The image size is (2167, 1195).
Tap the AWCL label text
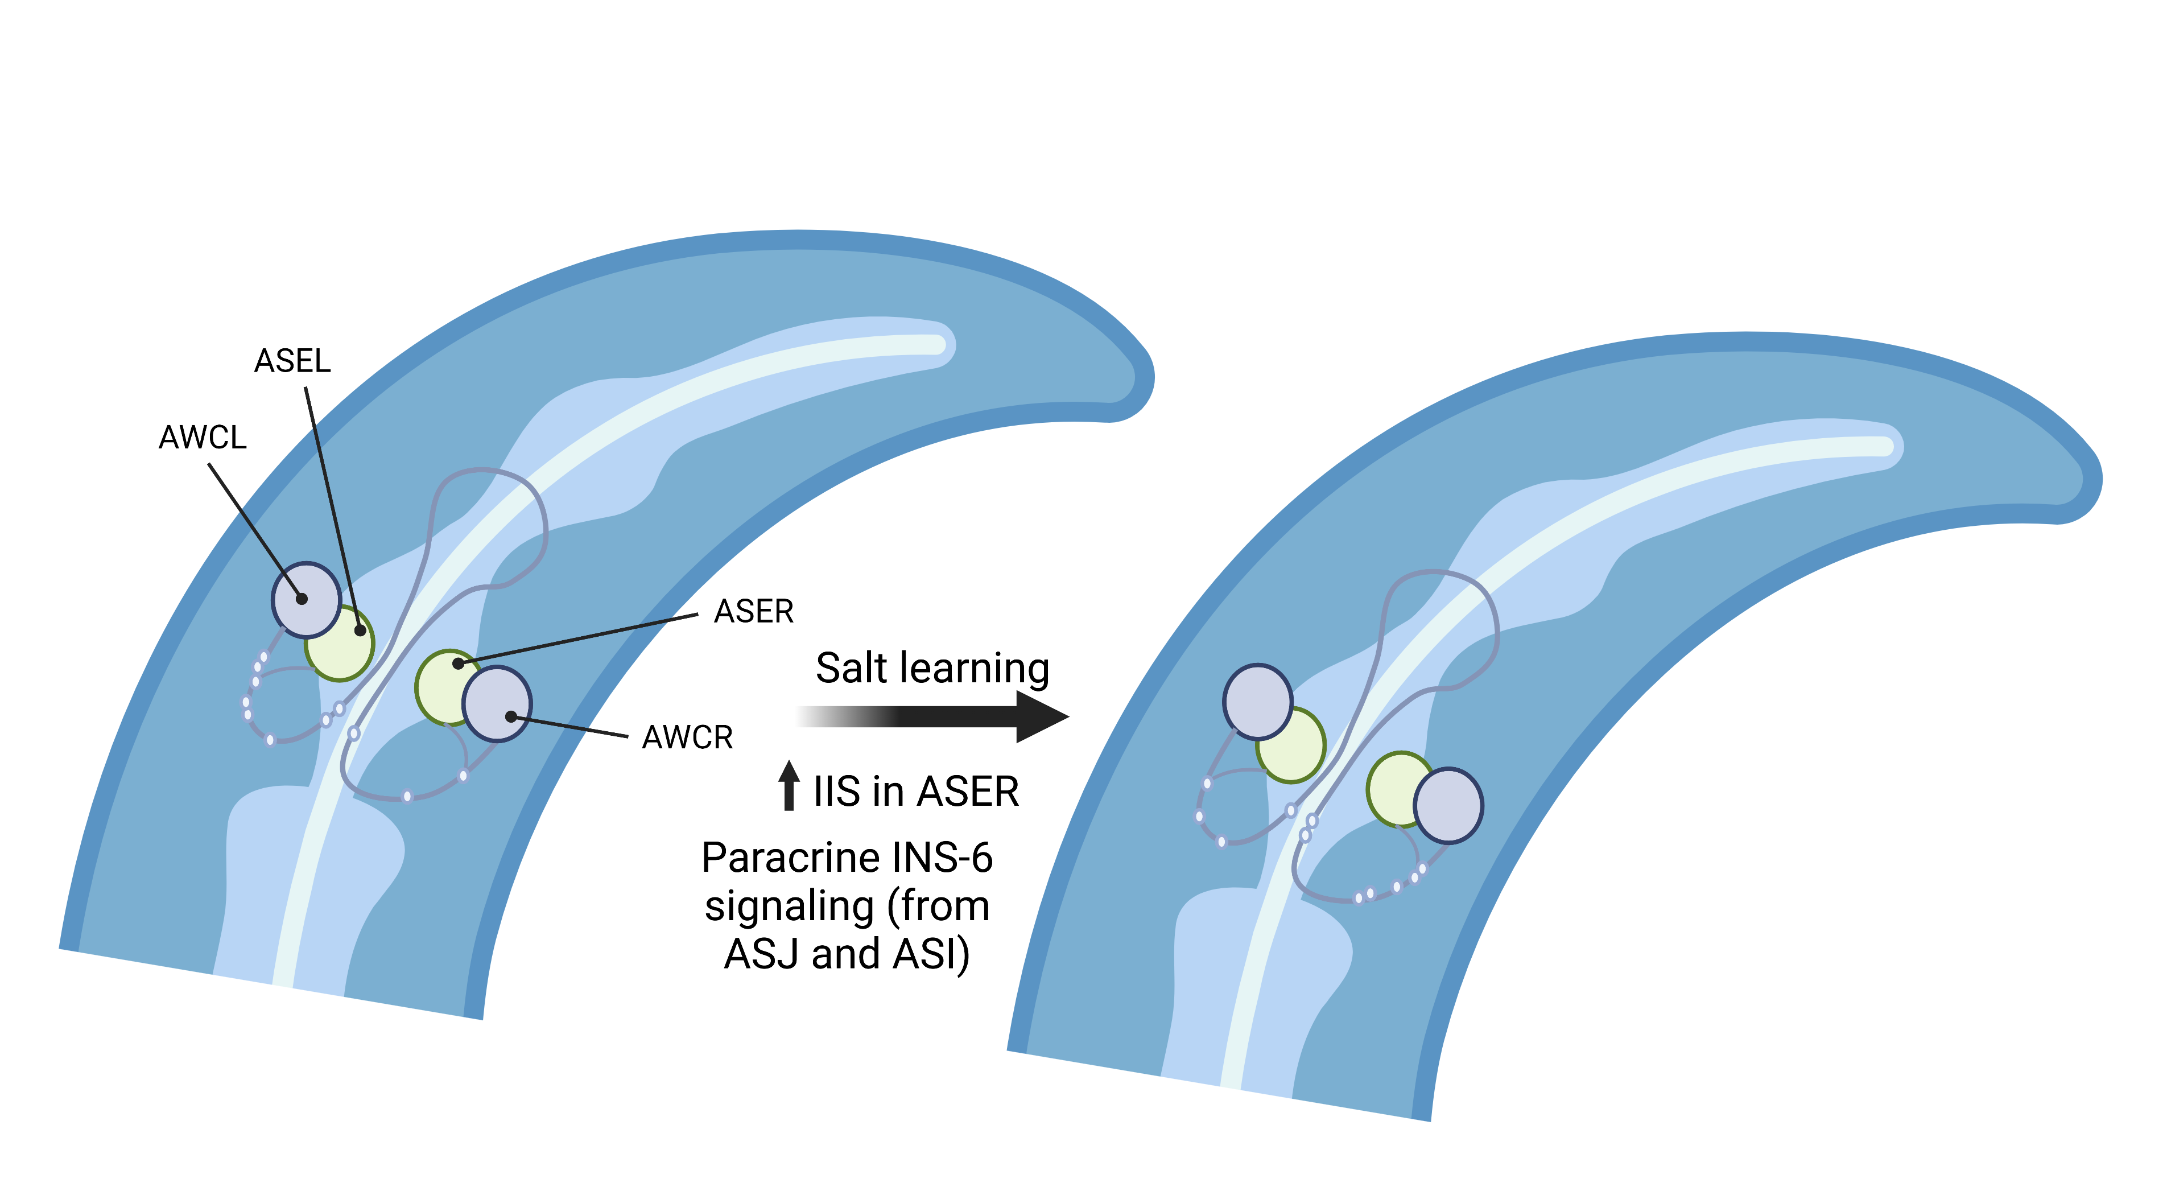pyautogui.click(x=203, y=438)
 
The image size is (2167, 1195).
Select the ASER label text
pyautogui.click(x=754, y=612)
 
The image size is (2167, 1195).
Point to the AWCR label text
pyautogui.click(x=687, y=737)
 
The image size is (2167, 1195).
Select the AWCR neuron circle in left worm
pyautogui.click(x=498, y=703)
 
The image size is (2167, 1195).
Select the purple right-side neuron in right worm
pyautogui.click(x=1448, y=805)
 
